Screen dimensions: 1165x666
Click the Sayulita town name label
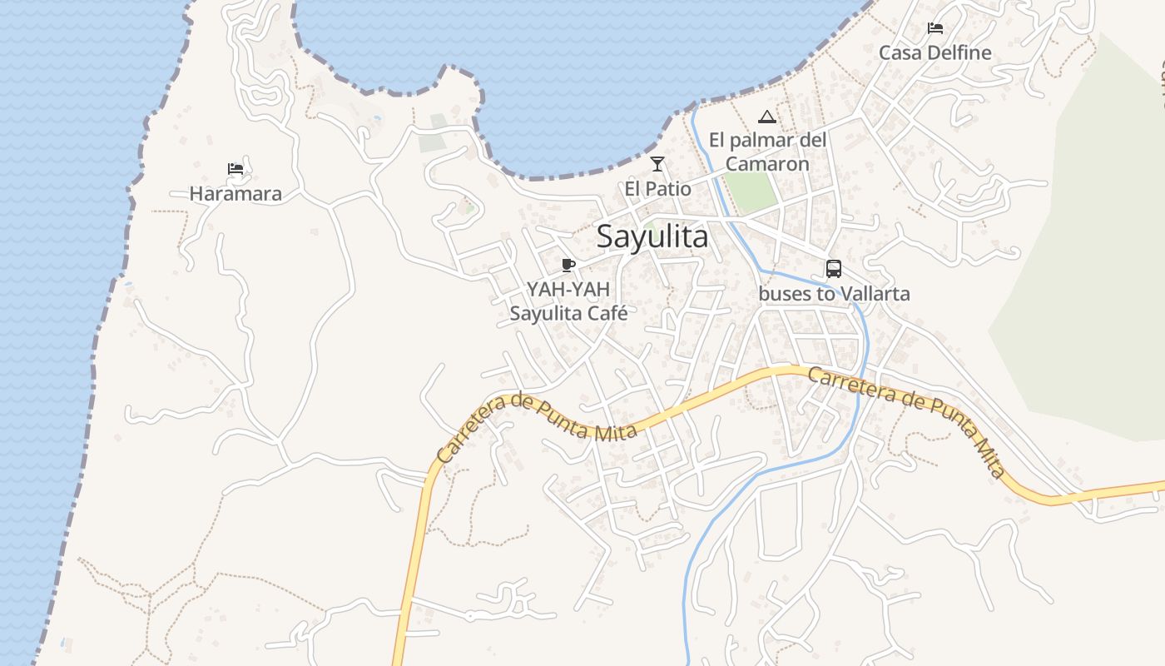(652, 236)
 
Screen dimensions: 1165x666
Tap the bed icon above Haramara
(235, 169)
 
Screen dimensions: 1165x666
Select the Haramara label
(235, 194)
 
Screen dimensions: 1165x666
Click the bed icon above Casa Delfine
(935, 28)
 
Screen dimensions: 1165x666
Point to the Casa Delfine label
(935, 52)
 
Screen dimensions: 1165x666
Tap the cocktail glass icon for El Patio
(657, 164)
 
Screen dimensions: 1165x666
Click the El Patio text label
(657, 189)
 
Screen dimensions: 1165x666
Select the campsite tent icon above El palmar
(767, 117)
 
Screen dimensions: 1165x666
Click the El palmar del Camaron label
(767, 152)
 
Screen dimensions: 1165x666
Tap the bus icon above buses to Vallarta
(834, 269)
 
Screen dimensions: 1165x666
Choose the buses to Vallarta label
(834, 294)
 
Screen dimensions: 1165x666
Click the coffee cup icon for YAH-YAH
(568, 266)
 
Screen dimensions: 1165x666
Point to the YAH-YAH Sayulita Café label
(568, 301)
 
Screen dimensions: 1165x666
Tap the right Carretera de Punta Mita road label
(907, 420)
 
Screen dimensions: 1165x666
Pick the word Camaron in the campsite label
(767, 164)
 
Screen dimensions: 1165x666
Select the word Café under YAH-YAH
(607, 314)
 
